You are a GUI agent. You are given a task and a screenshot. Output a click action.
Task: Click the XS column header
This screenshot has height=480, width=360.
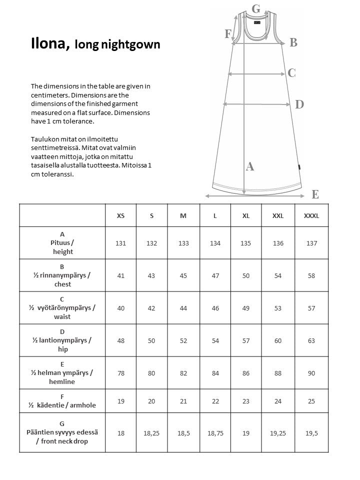[x=120, y=215]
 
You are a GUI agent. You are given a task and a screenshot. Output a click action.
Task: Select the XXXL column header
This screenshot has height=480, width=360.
[x=311, y=215]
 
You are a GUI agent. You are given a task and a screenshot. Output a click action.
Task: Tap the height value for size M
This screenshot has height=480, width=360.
[x=183, y=243]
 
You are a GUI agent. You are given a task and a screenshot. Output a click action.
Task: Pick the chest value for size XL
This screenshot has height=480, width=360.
[x=246, y=275]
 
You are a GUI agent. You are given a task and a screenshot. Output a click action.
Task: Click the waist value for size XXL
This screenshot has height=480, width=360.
[x=278, y=308]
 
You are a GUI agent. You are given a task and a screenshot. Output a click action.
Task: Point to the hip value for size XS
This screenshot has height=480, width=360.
[x=120, y=340]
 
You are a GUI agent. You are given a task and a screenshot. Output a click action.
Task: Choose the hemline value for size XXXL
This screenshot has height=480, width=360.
[x=311, y=373]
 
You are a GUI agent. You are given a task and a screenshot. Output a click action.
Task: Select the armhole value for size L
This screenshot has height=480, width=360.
[x=215, y=401]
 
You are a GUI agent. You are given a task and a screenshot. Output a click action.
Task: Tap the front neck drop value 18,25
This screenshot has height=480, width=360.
[x=151, y=433]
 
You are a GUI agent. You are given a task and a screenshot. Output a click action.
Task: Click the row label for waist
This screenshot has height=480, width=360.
[x=62, y=308]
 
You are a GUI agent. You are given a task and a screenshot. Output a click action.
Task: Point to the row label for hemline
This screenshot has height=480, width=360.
[x=62, y=373]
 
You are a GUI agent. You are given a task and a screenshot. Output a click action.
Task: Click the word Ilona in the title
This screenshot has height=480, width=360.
[x=49, y=44]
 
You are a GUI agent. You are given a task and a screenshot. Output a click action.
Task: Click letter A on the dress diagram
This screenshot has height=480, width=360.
[x=250, y=166]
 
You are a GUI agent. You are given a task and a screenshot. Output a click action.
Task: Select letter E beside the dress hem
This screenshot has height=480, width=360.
[x=315, y=194]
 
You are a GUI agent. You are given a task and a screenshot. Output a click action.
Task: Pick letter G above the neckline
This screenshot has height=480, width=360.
[x=256, y=8]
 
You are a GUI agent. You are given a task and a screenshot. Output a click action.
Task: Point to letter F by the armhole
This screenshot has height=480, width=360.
[x=228, y=34]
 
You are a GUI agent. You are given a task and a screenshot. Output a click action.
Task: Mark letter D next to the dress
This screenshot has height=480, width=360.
[x=299, y=104]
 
